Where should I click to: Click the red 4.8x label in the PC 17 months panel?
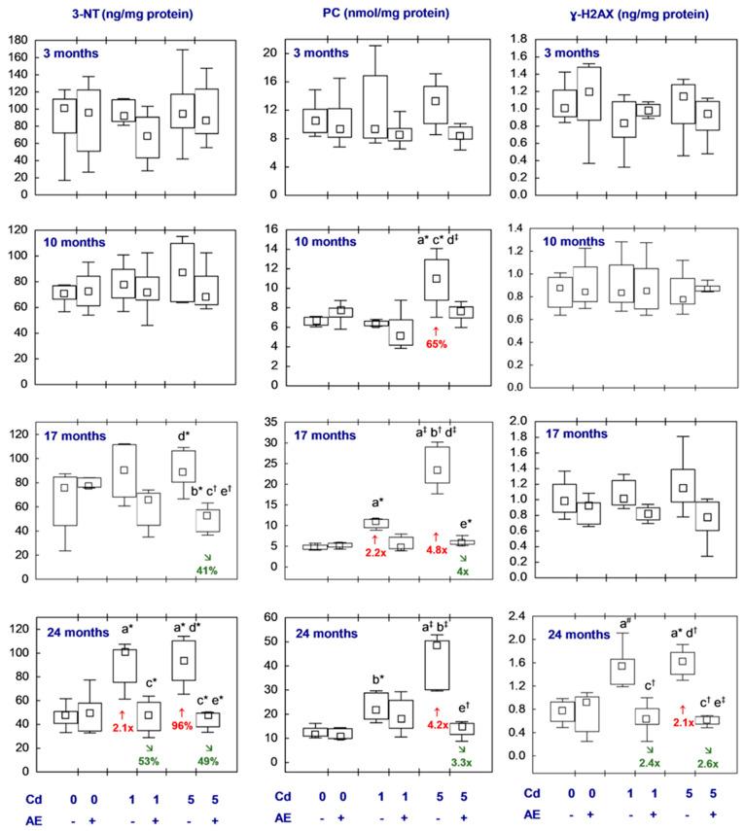(x=436, y=549)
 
